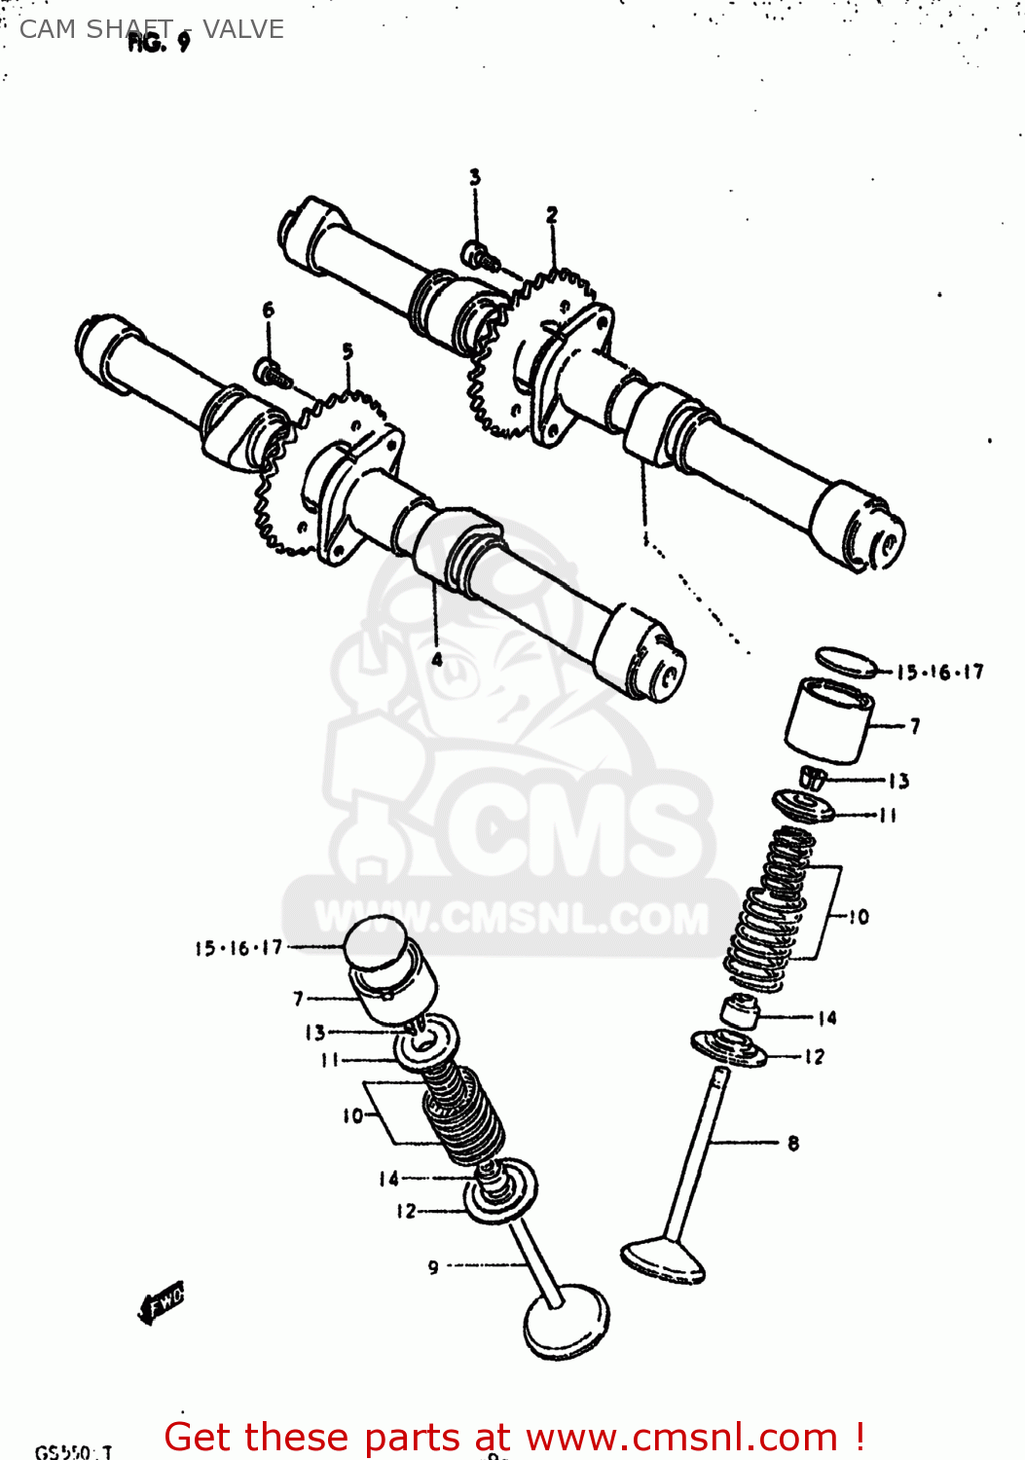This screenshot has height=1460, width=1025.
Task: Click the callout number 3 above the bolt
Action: click(475, 177)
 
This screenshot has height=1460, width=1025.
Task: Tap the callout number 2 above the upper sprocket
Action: click(552, 215)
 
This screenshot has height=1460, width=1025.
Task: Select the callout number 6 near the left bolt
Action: click(269, 310)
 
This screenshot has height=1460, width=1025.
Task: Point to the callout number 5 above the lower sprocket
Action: click(348, 350)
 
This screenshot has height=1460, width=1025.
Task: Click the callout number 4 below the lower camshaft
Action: click(437, 659)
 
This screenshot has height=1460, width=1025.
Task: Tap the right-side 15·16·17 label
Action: click(939, 672)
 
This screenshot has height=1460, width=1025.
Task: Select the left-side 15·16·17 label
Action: click(238, 947)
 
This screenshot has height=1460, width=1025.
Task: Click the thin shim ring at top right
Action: click(846, 661)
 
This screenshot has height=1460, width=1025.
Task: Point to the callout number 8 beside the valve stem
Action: click(793, 1143)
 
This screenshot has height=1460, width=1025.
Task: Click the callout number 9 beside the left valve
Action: click(433, 1267)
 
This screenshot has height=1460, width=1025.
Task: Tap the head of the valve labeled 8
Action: click(663, 1259)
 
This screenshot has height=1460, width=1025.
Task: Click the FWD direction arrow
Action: click(162, 1301)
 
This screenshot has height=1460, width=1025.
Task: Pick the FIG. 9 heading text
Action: click(159, 42)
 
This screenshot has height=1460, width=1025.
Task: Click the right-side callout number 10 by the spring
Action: click(858, 917)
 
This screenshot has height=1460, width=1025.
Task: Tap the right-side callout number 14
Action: click(826, 1018)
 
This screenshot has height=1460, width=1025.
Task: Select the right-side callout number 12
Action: click(814, 1057)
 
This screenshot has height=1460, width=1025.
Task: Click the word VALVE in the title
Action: click(243, 29)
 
